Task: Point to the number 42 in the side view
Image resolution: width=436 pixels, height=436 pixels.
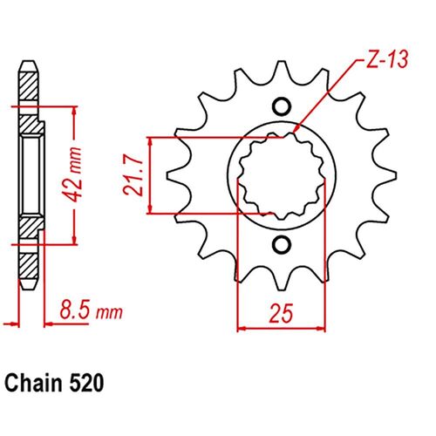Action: tap(79, 185)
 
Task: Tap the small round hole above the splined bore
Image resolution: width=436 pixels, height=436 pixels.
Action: tap(281, 107)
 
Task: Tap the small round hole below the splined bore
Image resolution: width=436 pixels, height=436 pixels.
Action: tap(281, 243)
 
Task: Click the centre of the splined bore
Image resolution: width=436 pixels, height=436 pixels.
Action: tap(281, 175)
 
